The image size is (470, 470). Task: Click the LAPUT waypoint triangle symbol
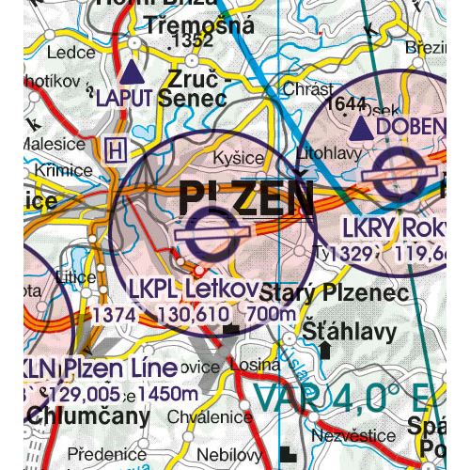pos(133,71)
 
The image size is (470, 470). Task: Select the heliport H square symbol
pos(117,149)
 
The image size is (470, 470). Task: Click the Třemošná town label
pos(199,26)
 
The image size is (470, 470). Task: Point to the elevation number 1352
pos(187,43)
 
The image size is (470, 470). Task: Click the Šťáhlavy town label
pos(336,330)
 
